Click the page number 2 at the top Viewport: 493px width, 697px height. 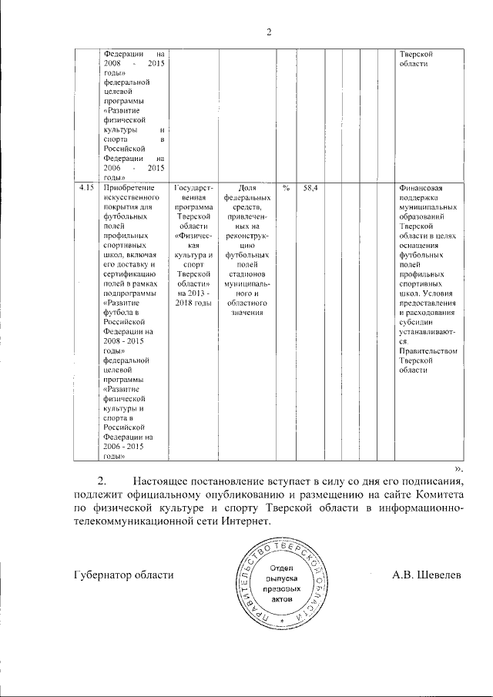(x=269, y=32)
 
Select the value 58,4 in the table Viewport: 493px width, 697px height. (x=311, y=188)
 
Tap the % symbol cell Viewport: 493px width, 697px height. (x=287, y=188)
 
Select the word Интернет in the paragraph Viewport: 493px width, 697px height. (x=245, y=521)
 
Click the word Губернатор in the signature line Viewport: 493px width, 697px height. (x=101, y=575)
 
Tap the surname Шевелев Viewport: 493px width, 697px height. (x=439, y=575)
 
